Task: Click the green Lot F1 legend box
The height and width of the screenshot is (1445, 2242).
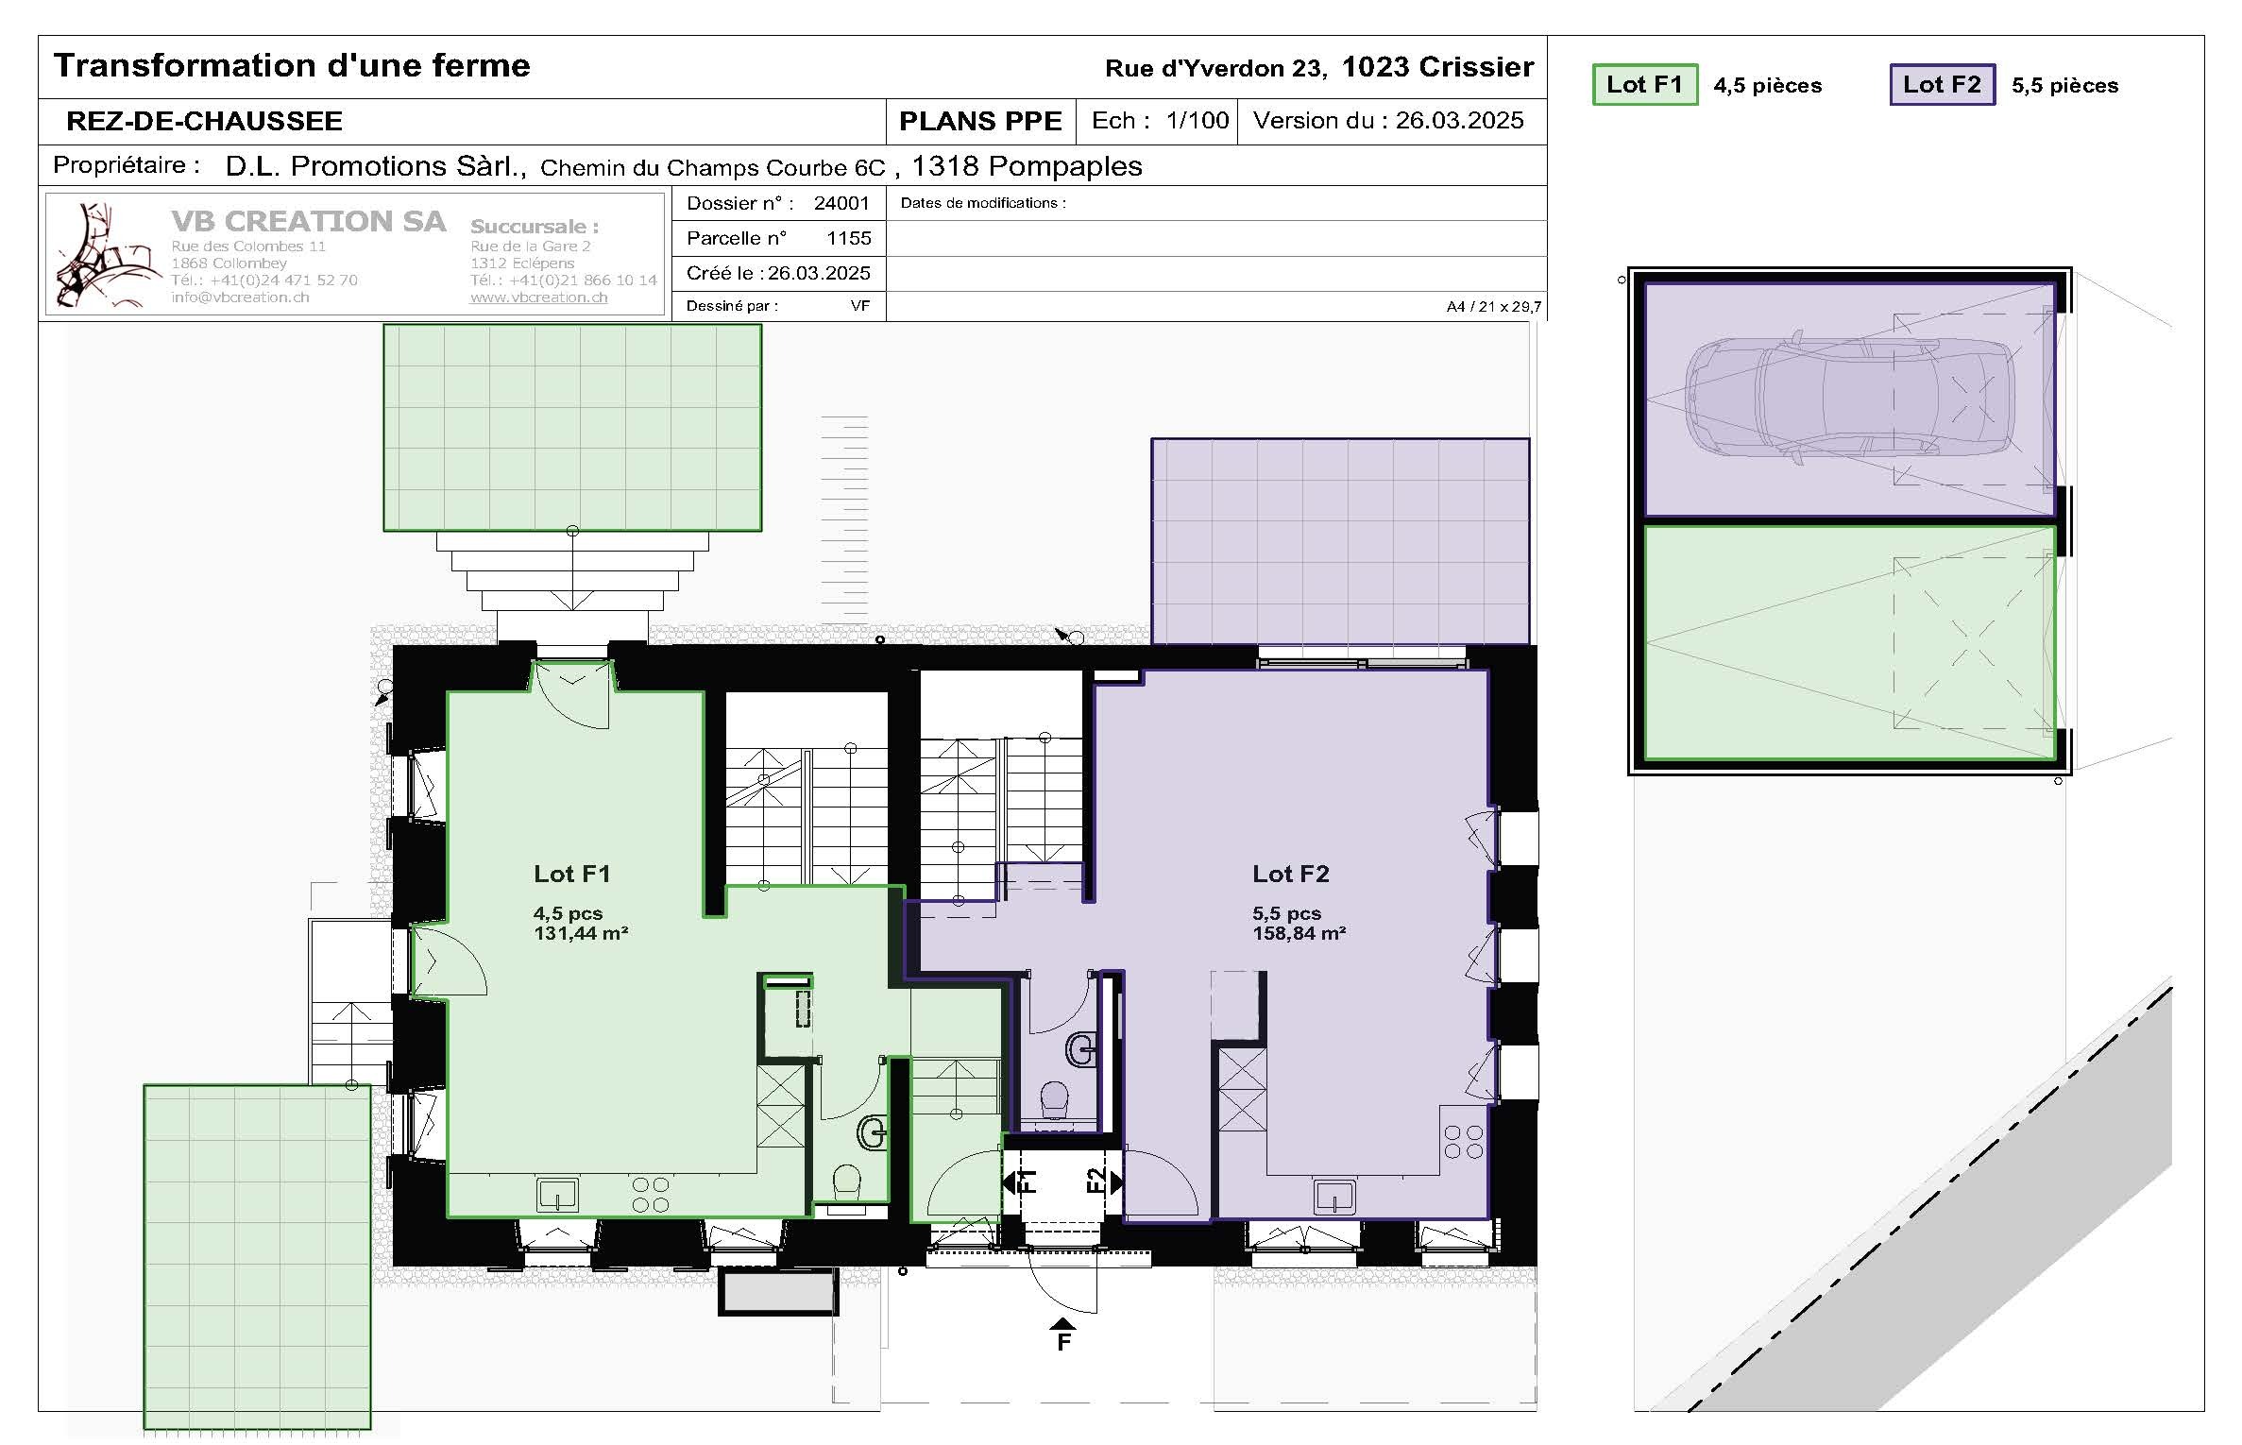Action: [x=1644, y=85]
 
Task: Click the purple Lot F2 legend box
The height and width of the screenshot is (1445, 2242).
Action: [x=1942, y=85]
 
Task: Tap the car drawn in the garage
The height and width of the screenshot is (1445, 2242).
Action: [x=1851, y=397]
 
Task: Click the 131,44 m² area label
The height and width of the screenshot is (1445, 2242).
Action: [x=581, y=934]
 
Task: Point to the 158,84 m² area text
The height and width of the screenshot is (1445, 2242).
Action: [x=1299, y=934]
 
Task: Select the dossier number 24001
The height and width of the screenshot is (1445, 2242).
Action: [x=841, y=203]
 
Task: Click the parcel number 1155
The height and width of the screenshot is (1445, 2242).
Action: [x=848, y=238]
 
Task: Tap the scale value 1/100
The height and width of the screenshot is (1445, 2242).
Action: [x=1197, y=121]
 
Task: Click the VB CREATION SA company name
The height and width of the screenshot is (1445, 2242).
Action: [x=308, y=221]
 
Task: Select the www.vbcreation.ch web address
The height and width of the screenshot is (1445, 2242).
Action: [x=538, y=297]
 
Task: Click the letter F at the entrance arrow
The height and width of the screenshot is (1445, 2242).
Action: [x=1063, y=1342]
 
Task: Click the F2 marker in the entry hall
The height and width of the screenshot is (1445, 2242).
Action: [x=1097, y=1181]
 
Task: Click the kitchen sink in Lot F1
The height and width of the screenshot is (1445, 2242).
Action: [x=557, y=1196]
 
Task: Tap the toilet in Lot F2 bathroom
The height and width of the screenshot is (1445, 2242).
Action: [x=1054, y=1100]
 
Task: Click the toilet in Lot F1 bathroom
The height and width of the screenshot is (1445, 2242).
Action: [x=846, y=1181]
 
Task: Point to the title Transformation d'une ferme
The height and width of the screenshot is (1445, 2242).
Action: [x=292, y=66]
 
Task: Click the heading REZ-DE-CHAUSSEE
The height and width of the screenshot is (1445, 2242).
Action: [x=204, y=122]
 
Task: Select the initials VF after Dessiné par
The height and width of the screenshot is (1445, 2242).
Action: [x=859, y=306]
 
